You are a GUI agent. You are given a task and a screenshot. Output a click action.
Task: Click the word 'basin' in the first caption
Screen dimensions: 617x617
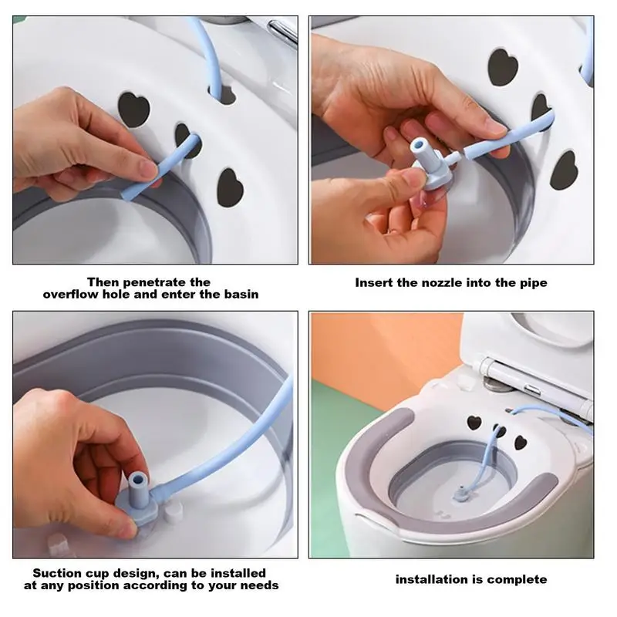point(241,295)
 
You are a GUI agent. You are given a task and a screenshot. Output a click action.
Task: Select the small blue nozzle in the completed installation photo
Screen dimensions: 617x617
point(460,494)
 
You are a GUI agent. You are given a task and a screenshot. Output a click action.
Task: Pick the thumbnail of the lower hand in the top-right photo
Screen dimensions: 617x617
point(411,180)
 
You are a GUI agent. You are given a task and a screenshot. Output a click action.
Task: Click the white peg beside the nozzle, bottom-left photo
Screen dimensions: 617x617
point(173,512)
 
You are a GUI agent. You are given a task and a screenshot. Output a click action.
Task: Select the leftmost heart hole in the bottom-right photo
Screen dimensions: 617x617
point(474,423)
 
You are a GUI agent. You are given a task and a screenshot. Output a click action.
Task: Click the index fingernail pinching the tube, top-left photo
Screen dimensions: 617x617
point(148,169)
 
